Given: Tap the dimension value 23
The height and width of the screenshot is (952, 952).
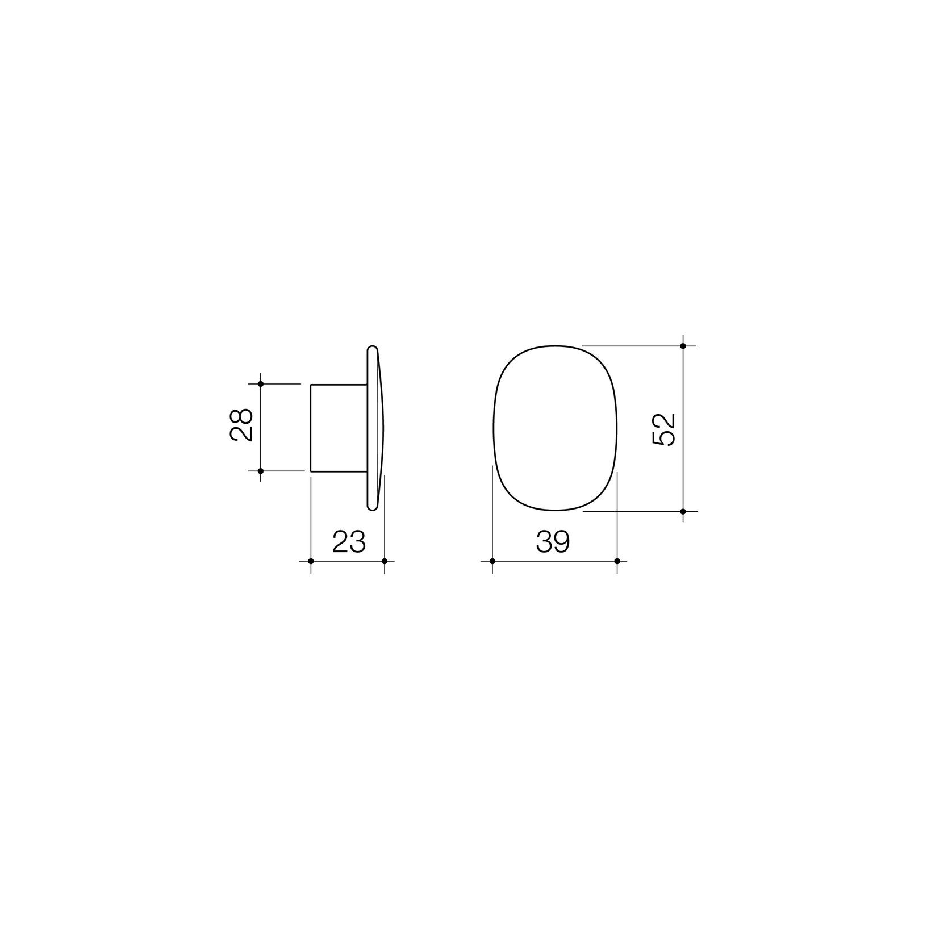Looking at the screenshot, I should pos(348,542).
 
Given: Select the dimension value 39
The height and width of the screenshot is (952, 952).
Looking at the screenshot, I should pos(552,542).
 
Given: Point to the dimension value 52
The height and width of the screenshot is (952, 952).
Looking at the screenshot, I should pos(664,429).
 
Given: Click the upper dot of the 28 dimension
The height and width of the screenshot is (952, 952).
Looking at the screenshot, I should pos(261,384).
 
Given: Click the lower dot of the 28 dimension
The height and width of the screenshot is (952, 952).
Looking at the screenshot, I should pos(261,471).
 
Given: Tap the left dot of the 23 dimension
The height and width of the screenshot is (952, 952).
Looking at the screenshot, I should pos(311,561).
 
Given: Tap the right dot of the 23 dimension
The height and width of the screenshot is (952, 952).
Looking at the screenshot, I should pos(385,561).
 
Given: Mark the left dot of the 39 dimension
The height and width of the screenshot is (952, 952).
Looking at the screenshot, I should pos(492,561).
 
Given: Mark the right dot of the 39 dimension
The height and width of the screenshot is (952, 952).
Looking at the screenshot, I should pos(617,561).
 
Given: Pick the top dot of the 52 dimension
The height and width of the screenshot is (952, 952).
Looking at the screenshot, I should pos(683,345).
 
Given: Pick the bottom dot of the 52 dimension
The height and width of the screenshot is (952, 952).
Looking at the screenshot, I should pos(683,511).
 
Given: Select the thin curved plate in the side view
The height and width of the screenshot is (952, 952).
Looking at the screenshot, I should pos(375,428).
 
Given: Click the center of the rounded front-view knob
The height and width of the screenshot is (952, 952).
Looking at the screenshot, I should pos(554,428).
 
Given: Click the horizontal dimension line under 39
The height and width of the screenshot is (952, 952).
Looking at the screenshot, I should pos(554,561).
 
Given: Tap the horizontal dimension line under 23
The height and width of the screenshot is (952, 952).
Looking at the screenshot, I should pos(348,561).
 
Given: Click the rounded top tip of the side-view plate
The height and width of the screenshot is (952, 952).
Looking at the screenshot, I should pos(372,348).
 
